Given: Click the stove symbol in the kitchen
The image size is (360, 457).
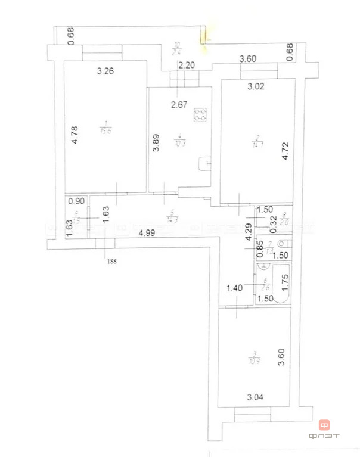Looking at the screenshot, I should [201, 114].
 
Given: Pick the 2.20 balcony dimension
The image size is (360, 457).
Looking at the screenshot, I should [187, 66].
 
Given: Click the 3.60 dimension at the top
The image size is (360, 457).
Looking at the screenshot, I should [248, 58].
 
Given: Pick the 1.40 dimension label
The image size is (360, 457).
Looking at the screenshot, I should [234, 288].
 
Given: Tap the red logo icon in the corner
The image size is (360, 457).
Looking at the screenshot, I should [324, 425].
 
